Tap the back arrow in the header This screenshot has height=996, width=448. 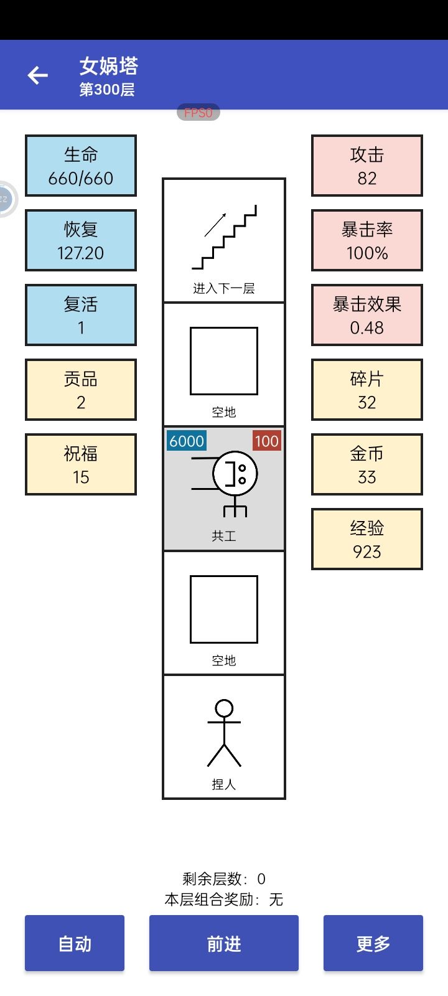point(38,75)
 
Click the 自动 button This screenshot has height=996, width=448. point(75,942)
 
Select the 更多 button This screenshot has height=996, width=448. point(373,942)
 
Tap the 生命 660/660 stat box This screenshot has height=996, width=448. point(81,166)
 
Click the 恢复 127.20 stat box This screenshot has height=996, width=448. point(81,240)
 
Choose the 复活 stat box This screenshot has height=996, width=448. point(81,315)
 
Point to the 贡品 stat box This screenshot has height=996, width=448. point(81,390)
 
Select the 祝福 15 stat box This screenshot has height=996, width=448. point(81,464)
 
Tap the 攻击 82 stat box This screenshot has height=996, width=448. point(367,166)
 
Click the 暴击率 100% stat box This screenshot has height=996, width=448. point(367,240)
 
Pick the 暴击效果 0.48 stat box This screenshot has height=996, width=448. point(367,315)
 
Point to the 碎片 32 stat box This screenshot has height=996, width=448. point(367,390)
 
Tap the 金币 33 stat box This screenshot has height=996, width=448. point(367,464)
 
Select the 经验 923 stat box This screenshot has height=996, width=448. point(367,539)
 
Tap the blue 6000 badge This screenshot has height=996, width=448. point(187,441)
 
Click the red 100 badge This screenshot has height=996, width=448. point(267,441)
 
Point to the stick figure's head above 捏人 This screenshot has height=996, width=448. point(224,708)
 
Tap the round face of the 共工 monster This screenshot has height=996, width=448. point(235,473)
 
